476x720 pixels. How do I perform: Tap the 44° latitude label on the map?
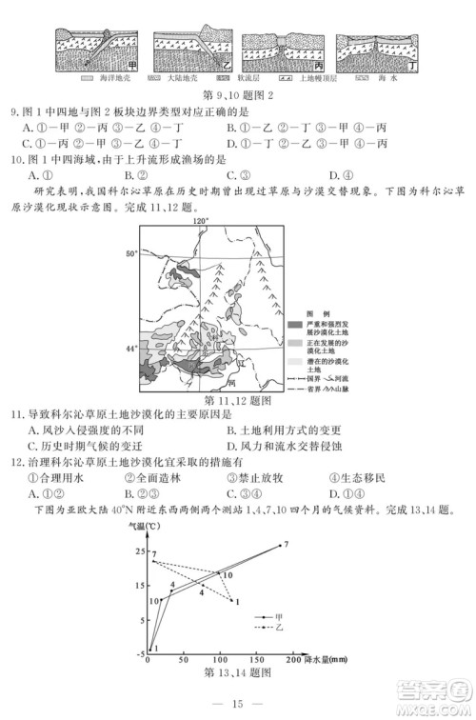pyautogui.click(x=131, y=350)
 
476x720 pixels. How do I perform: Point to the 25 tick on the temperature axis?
pyautogui.click(x=140, y=551)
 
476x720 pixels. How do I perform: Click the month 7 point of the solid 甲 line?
pyautogui.click(x=283, y=545)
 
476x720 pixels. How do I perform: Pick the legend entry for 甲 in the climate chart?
pyautogui.click(x=266, y=618)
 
